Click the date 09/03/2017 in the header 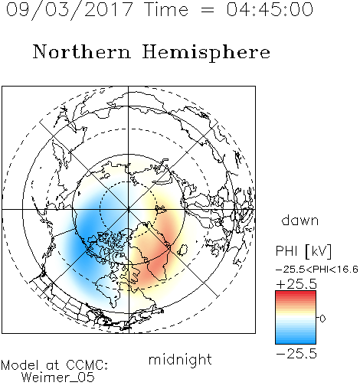(69, 10)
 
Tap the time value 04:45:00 (270, 9)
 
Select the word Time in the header (166, 9)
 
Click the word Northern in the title (82, 52)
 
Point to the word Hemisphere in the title (206, 53)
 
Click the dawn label (300, 221)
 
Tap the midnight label (180, 360)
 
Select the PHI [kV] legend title (303, 251)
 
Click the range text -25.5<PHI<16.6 (317, 270)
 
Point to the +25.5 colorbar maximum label (296, 284)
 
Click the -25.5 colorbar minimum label (296, 354)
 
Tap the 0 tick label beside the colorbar (322, 319)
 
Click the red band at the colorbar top (296, 293)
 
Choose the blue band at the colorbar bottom (296, 341)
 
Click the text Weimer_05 (58, 378)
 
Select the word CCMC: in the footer (87, 365)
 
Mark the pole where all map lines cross (129, 209)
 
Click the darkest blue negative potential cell (86, 230)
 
